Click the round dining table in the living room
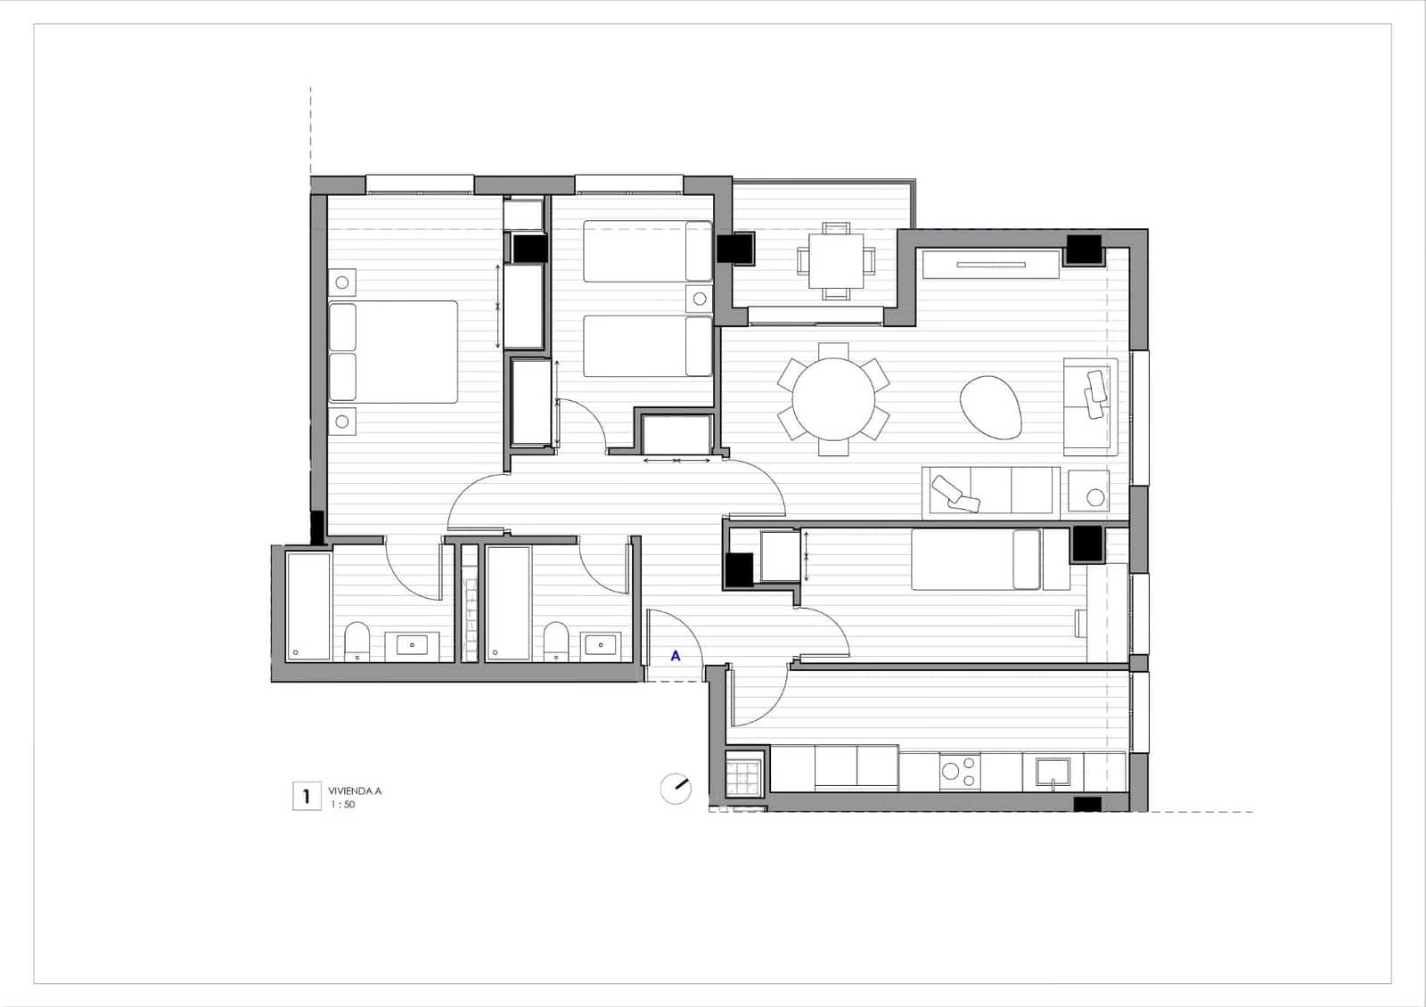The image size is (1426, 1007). [x=833, y=398]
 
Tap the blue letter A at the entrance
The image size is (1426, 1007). [x=676, y=656]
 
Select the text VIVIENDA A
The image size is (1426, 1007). [x=355, y=790]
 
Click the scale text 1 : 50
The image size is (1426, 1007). [x=343, y=805]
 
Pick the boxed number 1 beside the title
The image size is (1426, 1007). [x=307, y=796]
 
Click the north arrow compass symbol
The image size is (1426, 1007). [x=676, y=789]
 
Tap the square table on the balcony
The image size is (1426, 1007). [x=836, y=259]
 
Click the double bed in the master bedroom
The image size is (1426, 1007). [x=393, y=351]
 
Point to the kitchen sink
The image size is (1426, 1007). [x=1053, y=772]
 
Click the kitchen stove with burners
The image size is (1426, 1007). [x=960, y=772]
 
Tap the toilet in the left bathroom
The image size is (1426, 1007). [x=357, y=641]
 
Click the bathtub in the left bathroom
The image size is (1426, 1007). [x=308, y=606]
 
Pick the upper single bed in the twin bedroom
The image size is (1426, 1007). [x=648, y=251]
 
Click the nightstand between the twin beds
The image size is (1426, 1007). [x=700, y=299]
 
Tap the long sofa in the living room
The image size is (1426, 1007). [x=990, y=490]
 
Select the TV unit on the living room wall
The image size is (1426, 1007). [x=991, y=264]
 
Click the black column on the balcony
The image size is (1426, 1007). [x=737, y=248]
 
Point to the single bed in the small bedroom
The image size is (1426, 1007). [x=976, y=560]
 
